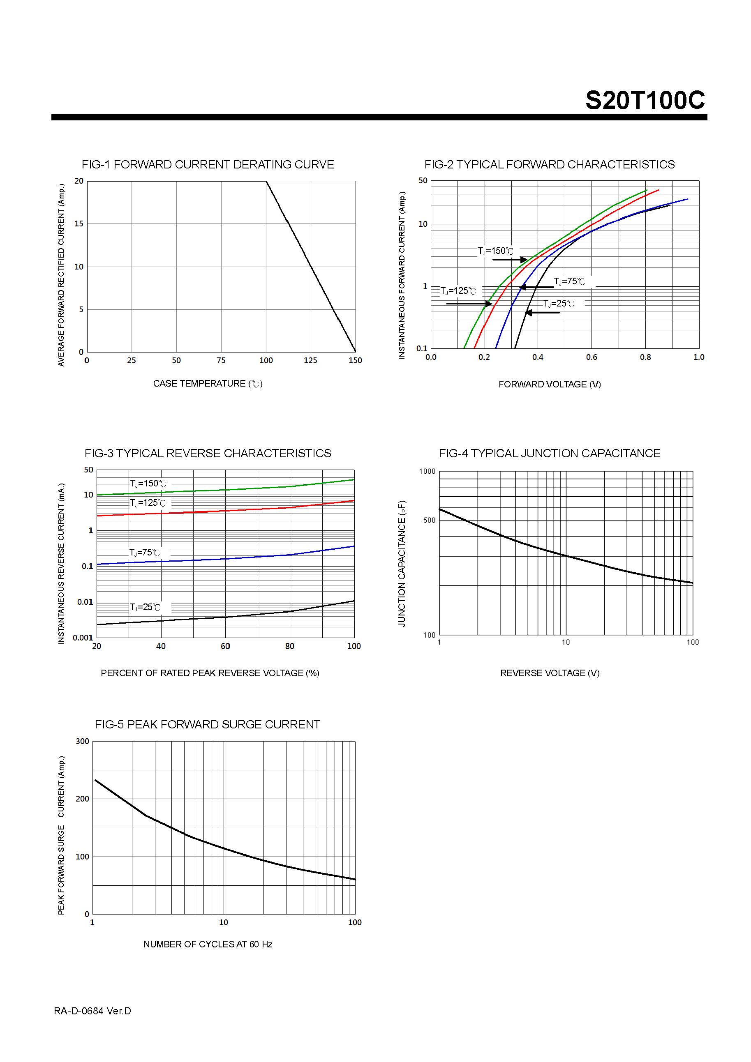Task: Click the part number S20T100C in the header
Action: [645, 100]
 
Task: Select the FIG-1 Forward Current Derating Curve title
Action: [208, 165]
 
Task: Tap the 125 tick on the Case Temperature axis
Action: [310, 361]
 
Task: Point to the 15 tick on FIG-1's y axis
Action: [79, 224]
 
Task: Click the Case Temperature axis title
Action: [208, 383]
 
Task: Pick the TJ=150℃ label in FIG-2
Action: [496, 251]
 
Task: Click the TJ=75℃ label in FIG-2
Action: [569, 282]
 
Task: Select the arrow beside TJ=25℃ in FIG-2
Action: [542, 313]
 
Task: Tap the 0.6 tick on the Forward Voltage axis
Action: [592, 357]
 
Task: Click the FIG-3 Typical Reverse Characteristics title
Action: [208, 453]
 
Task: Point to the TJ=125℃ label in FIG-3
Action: [147, 503]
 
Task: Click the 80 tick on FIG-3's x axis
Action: [290, 646]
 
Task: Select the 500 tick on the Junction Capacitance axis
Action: [429, 521]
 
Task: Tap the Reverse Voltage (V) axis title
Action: [550, 673]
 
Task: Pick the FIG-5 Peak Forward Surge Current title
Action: [207, 724]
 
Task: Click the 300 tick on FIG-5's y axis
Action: [82, 742]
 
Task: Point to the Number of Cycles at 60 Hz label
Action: [208, 945]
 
